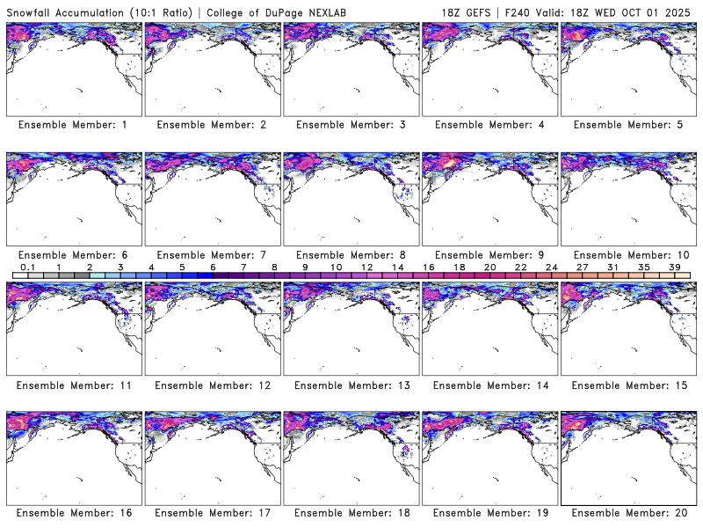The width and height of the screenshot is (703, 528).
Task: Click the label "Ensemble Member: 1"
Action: coord(73,125)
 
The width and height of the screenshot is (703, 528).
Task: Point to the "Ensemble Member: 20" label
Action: coord(628,512)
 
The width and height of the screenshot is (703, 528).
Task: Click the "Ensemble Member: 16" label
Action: coord(73,512)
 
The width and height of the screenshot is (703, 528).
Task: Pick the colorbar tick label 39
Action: coord(674,267)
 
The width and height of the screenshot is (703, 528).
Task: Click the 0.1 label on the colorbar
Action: coord(27,267)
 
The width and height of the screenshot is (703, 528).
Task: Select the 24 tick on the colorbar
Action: coord(551,267)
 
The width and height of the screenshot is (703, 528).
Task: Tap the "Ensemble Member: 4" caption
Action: coord(489,125)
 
